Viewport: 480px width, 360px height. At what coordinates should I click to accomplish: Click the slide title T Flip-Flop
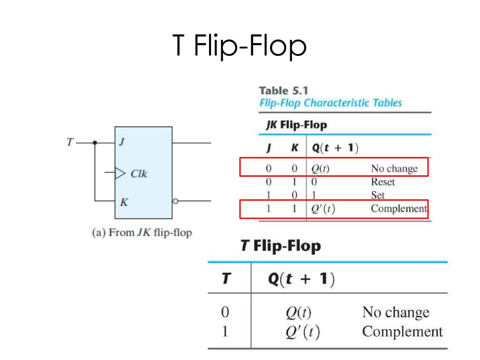click(240, 45)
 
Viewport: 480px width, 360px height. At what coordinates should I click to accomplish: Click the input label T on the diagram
click(70, 142)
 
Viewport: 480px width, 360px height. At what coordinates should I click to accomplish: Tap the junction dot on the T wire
click(95, 142)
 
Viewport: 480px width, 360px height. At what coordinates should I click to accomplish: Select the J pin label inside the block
click(122, 142)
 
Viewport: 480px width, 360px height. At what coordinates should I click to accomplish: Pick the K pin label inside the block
click(124, 202)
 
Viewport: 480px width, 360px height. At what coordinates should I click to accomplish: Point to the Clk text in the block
click(139, 173)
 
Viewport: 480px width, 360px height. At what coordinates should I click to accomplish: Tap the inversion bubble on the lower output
click(175, 201)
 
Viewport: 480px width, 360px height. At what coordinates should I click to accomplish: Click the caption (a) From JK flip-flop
click(142, 232)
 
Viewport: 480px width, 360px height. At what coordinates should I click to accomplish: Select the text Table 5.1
click(284, 90)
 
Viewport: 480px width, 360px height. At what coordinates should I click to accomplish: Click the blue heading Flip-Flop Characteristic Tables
click(330, 103)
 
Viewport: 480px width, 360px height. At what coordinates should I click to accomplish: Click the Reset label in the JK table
click(383, 182)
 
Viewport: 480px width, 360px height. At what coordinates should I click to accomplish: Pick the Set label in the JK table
click(378, 195)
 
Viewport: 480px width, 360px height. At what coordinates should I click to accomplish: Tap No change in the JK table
click(394, 169)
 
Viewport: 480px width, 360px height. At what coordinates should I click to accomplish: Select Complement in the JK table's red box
click(399, 209)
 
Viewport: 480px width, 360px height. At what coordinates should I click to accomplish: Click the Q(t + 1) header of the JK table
click(335, 148)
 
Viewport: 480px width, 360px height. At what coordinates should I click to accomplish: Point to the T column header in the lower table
click(226, 278)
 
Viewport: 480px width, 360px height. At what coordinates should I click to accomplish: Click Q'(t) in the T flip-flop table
click(302, 332)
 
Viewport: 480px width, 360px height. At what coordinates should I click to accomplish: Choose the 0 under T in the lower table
click(225, 312)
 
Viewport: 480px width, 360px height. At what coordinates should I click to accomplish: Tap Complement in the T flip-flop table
click(402, 332)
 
